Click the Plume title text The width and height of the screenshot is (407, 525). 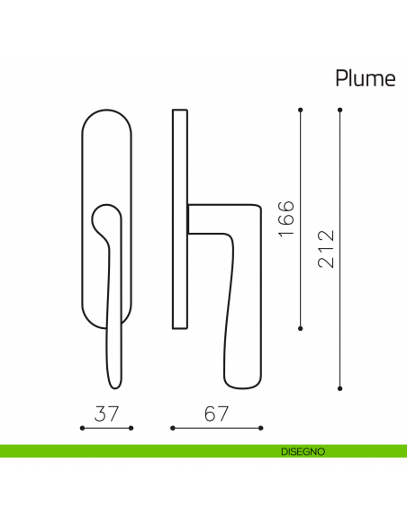pos(366,78)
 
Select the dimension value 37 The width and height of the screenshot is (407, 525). pos(106,414)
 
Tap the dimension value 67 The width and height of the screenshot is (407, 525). pos(216,414)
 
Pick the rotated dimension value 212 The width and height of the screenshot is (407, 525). pos(326,249)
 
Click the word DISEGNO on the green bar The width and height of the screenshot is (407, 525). pos(303,451)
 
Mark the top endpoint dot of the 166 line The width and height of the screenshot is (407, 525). pos(301,110)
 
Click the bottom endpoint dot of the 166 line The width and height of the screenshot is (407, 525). pos(301,328)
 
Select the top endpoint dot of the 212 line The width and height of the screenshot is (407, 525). pos(340,110)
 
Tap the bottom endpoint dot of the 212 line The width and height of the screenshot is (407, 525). pos(340,388)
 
